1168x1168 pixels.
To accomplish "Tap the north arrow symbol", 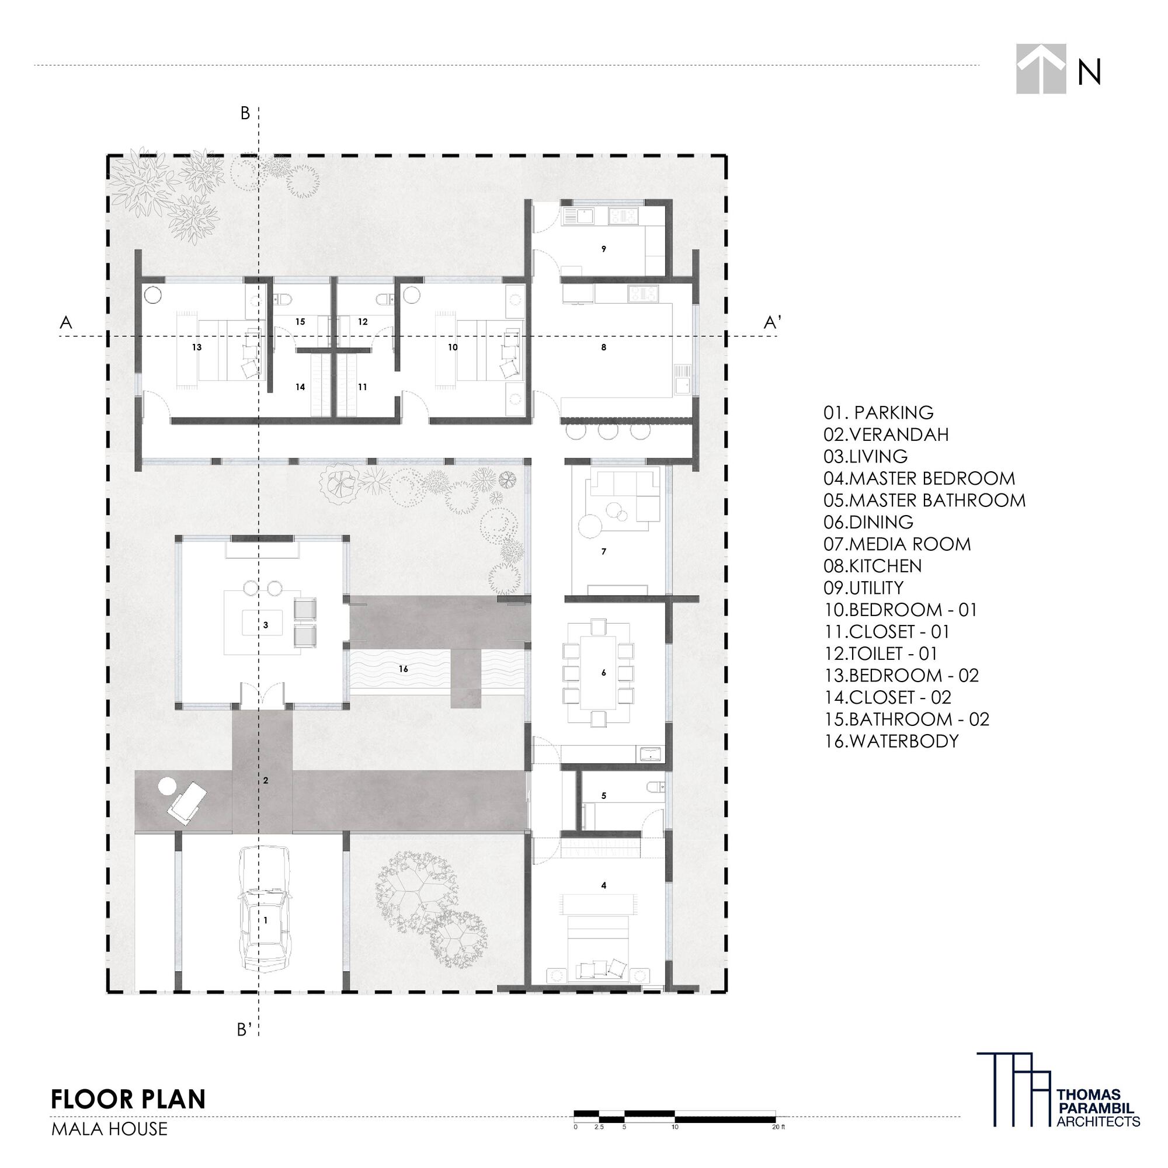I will click(1041, 69).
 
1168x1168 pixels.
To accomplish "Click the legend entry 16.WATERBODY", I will click(891, 741).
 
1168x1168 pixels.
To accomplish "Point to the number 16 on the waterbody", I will click(403, 669).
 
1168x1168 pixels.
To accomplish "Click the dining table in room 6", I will click(598, 672).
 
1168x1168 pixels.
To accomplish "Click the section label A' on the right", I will click(772, 323).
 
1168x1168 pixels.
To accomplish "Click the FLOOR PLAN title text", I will click(128, 1099).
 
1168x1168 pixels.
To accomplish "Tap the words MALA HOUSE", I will click(109, 1129).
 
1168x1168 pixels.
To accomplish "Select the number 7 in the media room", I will click(603, 551).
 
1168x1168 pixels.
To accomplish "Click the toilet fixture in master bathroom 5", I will click(655, 787).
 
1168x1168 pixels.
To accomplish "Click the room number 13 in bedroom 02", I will click(196, 347).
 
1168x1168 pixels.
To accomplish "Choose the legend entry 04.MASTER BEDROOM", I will click(919, 478).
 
